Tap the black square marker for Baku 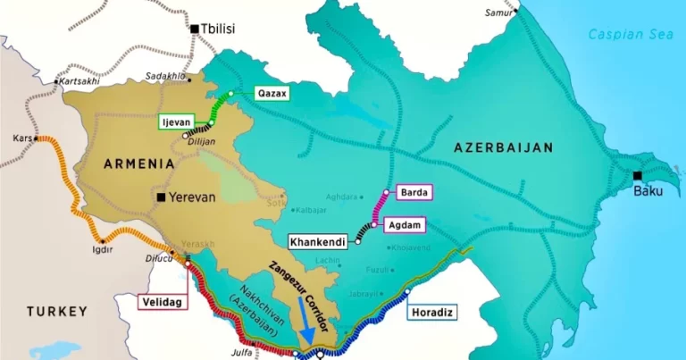point(637,176)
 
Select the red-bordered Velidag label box point(162,302)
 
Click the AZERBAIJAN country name point(504,147)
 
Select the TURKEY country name point(56,311)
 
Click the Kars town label point(21,140)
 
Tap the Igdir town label point(104,249)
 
